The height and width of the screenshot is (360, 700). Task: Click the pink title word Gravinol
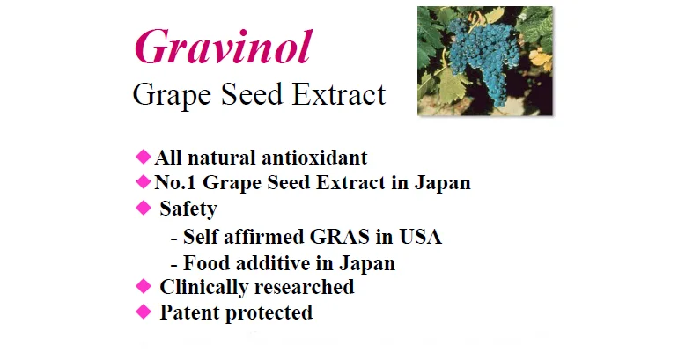(223, 48)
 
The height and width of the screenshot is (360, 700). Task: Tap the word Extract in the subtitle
(339, 94)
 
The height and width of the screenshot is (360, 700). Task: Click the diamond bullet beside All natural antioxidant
(144, 157)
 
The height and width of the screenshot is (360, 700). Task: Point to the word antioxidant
(314, 158)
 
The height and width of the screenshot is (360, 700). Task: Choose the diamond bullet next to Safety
(144, 208)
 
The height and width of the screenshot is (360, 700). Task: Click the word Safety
(188, 209)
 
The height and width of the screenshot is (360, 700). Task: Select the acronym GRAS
(339, 237)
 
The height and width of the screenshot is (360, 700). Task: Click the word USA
(420, 237)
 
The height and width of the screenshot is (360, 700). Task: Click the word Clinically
(203, 288)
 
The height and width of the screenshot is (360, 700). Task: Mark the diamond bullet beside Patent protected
(144, 312)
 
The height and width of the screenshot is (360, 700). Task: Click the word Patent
(189, 312)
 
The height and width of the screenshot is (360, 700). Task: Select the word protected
(269, 313)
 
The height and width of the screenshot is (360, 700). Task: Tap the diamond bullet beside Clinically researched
(144, 286)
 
